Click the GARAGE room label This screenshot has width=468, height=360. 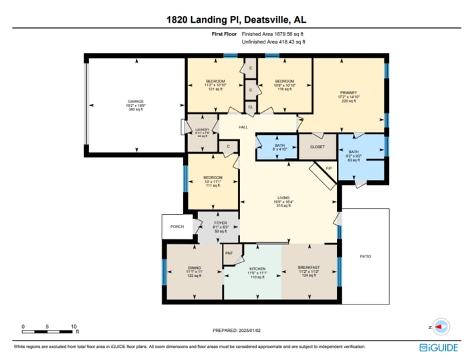[x=136, y=102]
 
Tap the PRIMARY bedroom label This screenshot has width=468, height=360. [x=348, y=93]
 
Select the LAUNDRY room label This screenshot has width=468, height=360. [x=202, y=130]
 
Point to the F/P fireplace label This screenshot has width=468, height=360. [x=328, y=168]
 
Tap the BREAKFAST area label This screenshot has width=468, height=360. [x=308, y=268]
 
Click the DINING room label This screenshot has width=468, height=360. [x=194, y=268]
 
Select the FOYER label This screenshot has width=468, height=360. [x=221, y=223]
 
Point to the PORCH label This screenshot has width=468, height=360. [x=177, y=227]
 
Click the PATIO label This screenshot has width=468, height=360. [x=364, y=256]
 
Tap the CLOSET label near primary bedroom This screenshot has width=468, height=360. [x=318, y=147]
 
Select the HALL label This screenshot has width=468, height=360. [x=243, y=126]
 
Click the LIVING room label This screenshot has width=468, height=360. [x=284, y=198]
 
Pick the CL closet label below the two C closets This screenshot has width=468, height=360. [x=250, y=106]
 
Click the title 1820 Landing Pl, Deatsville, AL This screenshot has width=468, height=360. [x=233, y=20]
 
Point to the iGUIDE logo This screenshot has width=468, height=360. [x=439, y=347]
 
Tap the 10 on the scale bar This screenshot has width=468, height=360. [x=74, y=327]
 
